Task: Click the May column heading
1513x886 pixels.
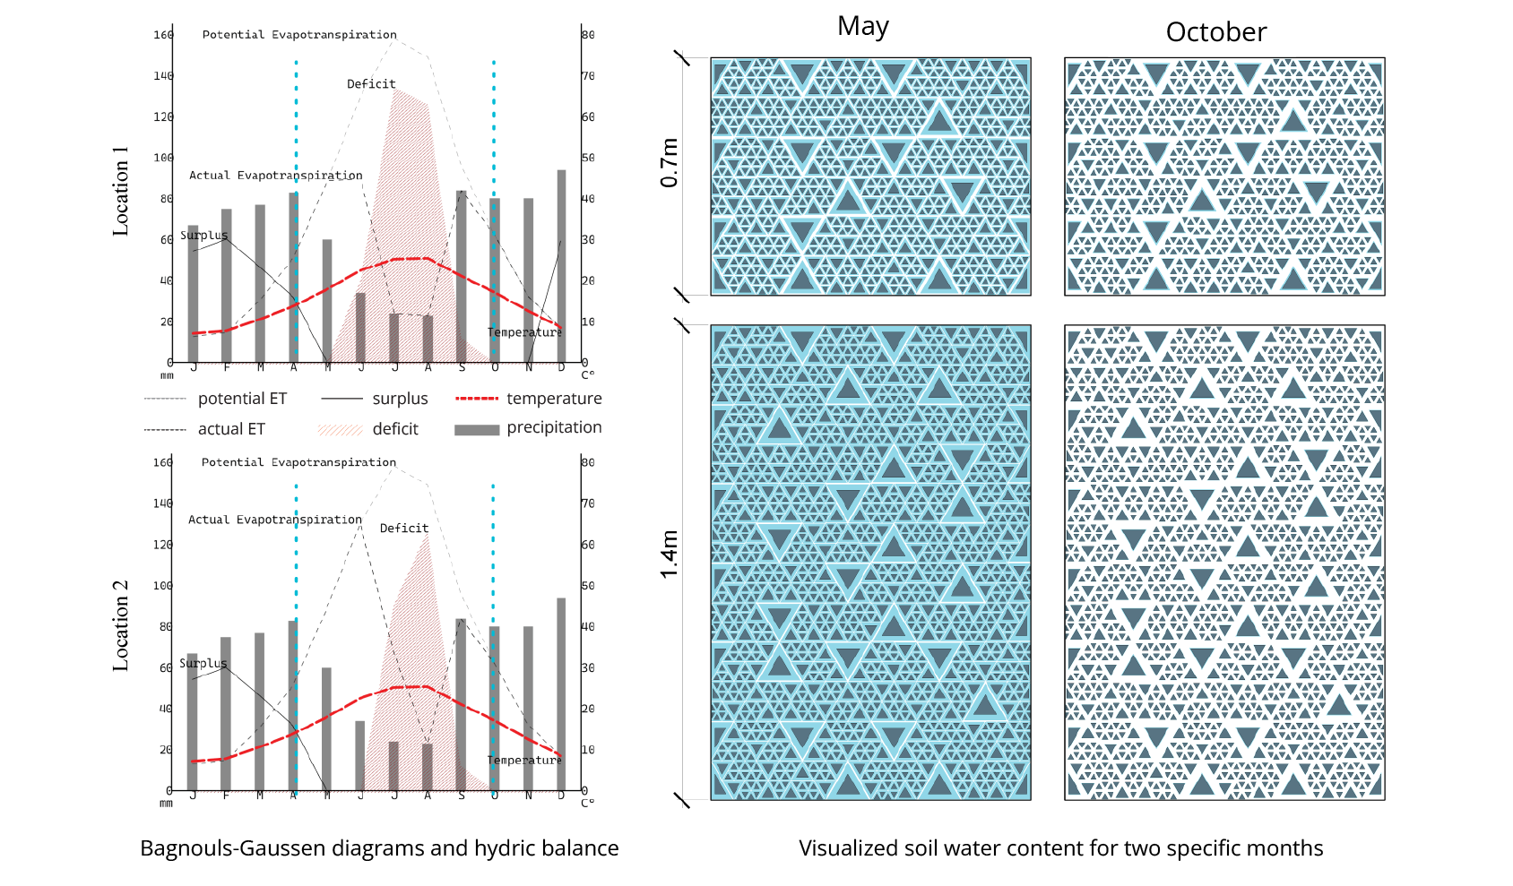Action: tap(862, 27)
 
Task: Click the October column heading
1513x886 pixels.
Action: tap(1215, 33)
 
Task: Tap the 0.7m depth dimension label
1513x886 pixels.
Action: tap(670, 162)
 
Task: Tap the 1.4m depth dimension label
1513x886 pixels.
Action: tap(670, 554)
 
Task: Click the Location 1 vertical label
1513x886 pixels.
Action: tap(120, 191)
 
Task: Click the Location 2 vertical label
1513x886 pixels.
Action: tap(120, 625)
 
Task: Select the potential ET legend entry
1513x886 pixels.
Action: tap(242, 399)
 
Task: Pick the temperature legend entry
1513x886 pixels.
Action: tap(553, 399)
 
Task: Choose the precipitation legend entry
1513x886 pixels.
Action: tap(553, 428)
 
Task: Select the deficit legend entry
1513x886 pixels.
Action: tap(394, 429)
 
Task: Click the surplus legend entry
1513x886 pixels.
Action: tap(400, 399)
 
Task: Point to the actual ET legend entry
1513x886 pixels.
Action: tap(231, 429)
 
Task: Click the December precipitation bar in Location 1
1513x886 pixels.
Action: tap(562, 266)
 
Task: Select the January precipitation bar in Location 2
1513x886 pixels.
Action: tap(192, 722)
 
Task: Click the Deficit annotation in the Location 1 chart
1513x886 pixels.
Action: tap(371, 84)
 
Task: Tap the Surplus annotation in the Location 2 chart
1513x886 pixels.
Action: tap(203, 664)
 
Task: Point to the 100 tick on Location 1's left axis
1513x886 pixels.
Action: tap(163, 158)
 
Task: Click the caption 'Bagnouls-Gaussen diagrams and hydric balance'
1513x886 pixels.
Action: tap(379, 848)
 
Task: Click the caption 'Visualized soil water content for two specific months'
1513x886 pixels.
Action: tap(1060, 848)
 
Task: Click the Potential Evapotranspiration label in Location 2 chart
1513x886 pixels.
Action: tap(298, 462)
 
